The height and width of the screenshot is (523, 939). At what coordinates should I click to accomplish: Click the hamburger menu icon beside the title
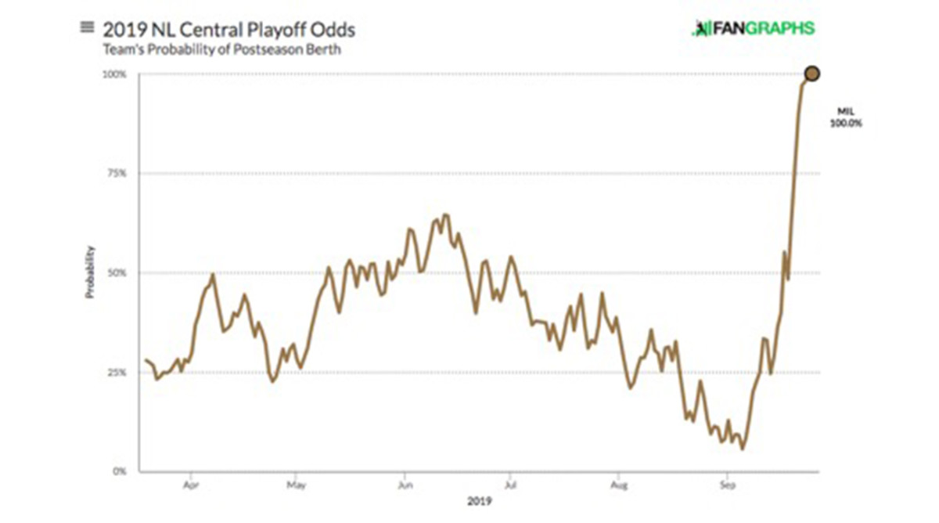click(x=87, y=27)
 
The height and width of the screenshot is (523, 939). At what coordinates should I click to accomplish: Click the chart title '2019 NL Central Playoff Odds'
click(x=228, y=30)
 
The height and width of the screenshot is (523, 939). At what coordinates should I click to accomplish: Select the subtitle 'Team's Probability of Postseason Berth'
click(x=221, y=49)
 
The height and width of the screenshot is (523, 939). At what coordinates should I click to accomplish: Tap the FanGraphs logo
click(x=754, y=29)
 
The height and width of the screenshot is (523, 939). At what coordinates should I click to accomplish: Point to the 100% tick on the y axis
click(x=116, y=74)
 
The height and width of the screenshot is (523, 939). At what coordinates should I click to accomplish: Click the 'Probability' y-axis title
click(x=90, y=272)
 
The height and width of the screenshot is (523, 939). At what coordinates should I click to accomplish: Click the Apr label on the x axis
click(x=190, y=485)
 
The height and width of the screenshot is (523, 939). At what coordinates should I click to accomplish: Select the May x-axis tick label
click(x=296, y=485)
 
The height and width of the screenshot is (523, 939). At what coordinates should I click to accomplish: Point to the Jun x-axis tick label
click(x=404, y=485)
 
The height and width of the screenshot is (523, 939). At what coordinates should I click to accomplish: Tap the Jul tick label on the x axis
click(x=509, y=485)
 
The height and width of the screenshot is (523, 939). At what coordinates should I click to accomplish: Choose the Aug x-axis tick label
click(x=618, y=485)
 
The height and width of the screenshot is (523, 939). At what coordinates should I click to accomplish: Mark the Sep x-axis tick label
click(x=726, y=485)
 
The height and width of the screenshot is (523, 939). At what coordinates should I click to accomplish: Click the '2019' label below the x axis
click(x=480, y=502)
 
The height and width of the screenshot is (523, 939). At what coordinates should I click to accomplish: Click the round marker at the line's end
click(x=812, y=74)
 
